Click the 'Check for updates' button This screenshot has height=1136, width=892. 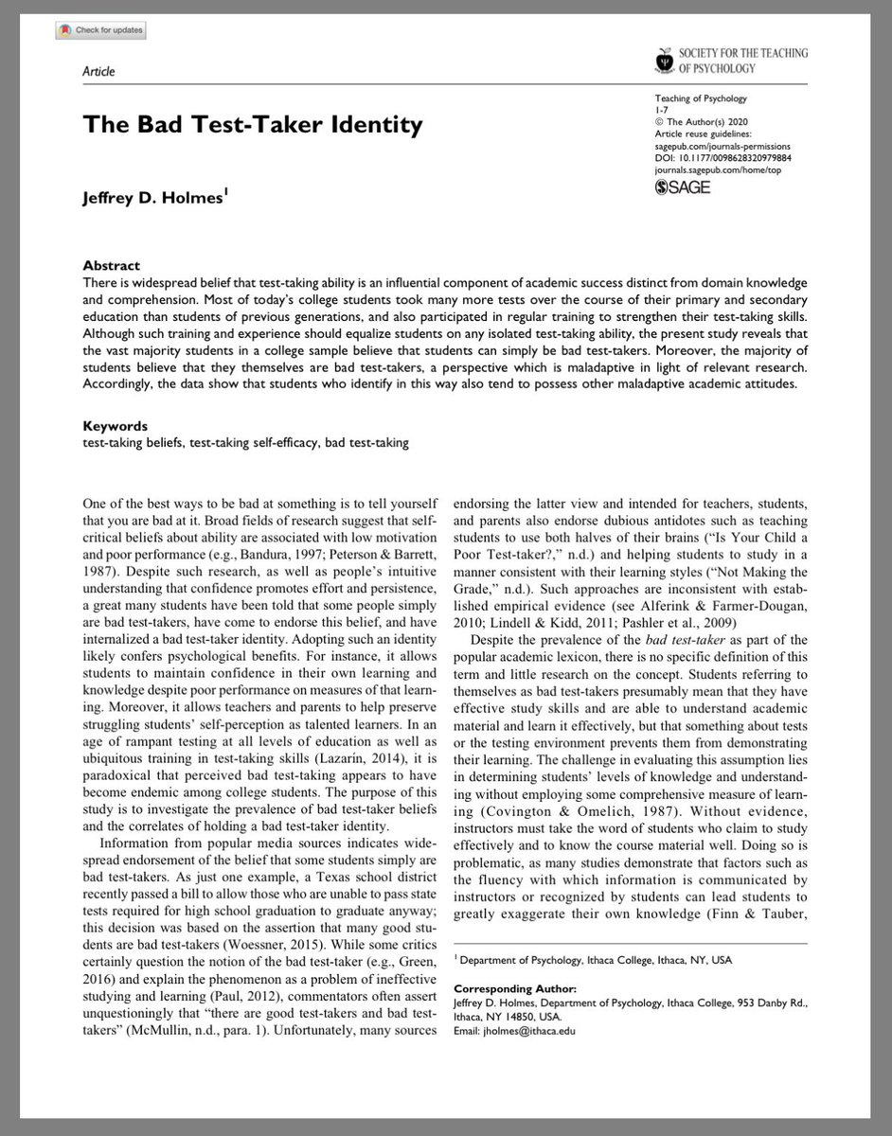pos(100,30)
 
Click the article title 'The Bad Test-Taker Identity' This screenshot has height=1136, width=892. pos(253,124)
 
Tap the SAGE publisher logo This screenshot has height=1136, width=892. pos(682,186)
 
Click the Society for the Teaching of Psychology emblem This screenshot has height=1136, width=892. pos(664,61)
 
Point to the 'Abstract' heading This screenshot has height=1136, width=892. pos(111,266)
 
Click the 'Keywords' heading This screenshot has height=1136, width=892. pos(116,426)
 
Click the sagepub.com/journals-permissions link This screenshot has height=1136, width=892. pos(723,147)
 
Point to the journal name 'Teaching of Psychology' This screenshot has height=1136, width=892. pos(701,98)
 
